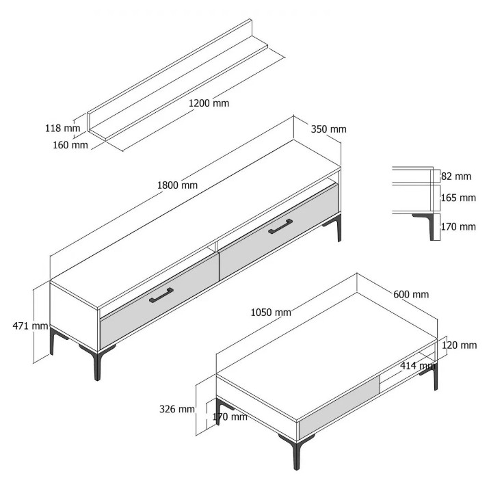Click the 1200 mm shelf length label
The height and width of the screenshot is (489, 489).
[x=209, y=103]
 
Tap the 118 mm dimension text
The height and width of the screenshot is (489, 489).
[x=63, y=128]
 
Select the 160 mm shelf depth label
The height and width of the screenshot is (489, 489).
[x=70, y=145]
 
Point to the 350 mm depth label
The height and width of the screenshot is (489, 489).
[x=328, y=129]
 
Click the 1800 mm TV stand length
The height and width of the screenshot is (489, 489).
[x=177, y=185]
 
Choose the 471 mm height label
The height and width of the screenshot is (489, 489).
[x=30, y=326]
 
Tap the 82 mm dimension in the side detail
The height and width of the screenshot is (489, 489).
[x=456, y=176]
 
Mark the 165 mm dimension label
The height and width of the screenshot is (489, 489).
[x=458, y=198]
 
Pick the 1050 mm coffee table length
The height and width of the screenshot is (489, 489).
[x=271, y=312]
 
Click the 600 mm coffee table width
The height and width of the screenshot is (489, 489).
[x=411, y=294]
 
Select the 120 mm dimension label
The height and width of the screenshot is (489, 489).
[x=459, y=345]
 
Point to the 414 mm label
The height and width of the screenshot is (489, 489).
[x=418, y=365]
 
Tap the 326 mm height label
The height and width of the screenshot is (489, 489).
[x=177, y=409]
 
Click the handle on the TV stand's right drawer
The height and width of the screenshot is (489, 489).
[x=280, y=226]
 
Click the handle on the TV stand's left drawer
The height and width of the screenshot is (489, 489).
[x=161, y=295]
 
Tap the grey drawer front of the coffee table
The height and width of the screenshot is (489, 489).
[x=339, y=407]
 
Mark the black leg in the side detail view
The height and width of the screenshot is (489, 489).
[x=428, y=225]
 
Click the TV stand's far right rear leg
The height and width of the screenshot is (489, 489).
[x=336, y=227]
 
